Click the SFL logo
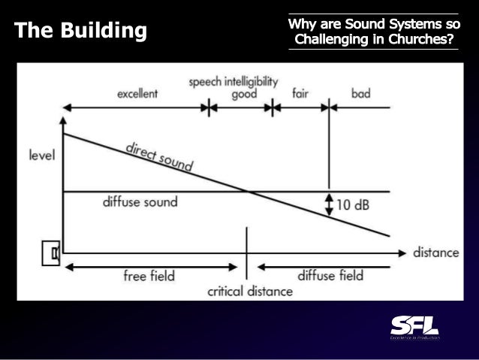point(414,328)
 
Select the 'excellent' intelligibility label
point(137,94)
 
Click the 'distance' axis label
point(436,253)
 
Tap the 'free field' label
point(149,276)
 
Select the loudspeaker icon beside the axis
point(50,253)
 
